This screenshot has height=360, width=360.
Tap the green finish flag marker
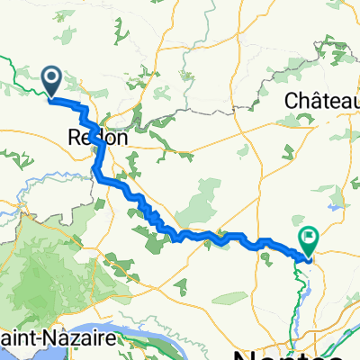pyautogui.click(x=310, y=239)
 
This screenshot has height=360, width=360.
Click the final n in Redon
pyautogui.click(x=121, y=139)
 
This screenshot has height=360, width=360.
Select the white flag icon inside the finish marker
pyautogui.click(x=310, y=238)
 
